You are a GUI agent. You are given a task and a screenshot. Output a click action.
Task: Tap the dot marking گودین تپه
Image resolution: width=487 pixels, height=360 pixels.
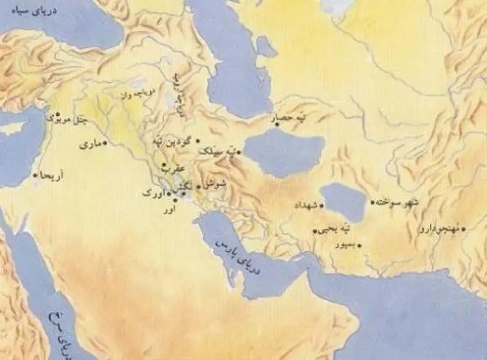click(x=198, y=140)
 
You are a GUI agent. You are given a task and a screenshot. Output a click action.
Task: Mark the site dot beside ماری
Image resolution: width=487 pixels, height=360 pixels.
click(x=105, y=144)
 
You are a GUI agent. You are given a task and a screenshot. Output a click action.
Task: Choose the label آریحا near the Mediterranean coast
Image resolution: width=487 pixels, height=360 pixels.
click(x=52, y=177)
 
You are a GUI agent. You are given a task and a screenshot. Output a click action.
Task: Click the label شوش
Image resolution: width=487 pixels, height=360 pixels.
click(x=213, y=183)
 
